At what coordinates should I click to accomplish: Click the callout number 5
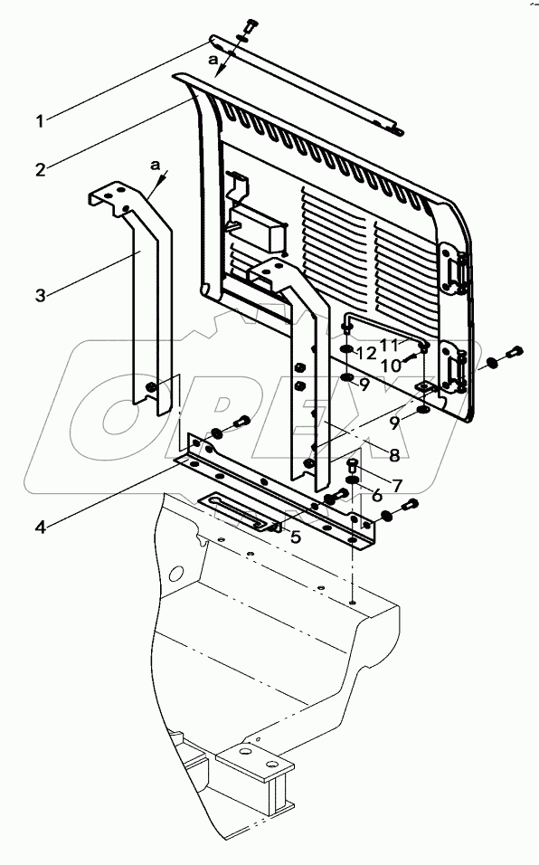[294, 536]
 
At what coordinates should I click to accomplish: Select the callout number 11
[390, 345]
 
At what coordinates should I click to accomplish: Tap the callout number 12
[365, 350]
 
